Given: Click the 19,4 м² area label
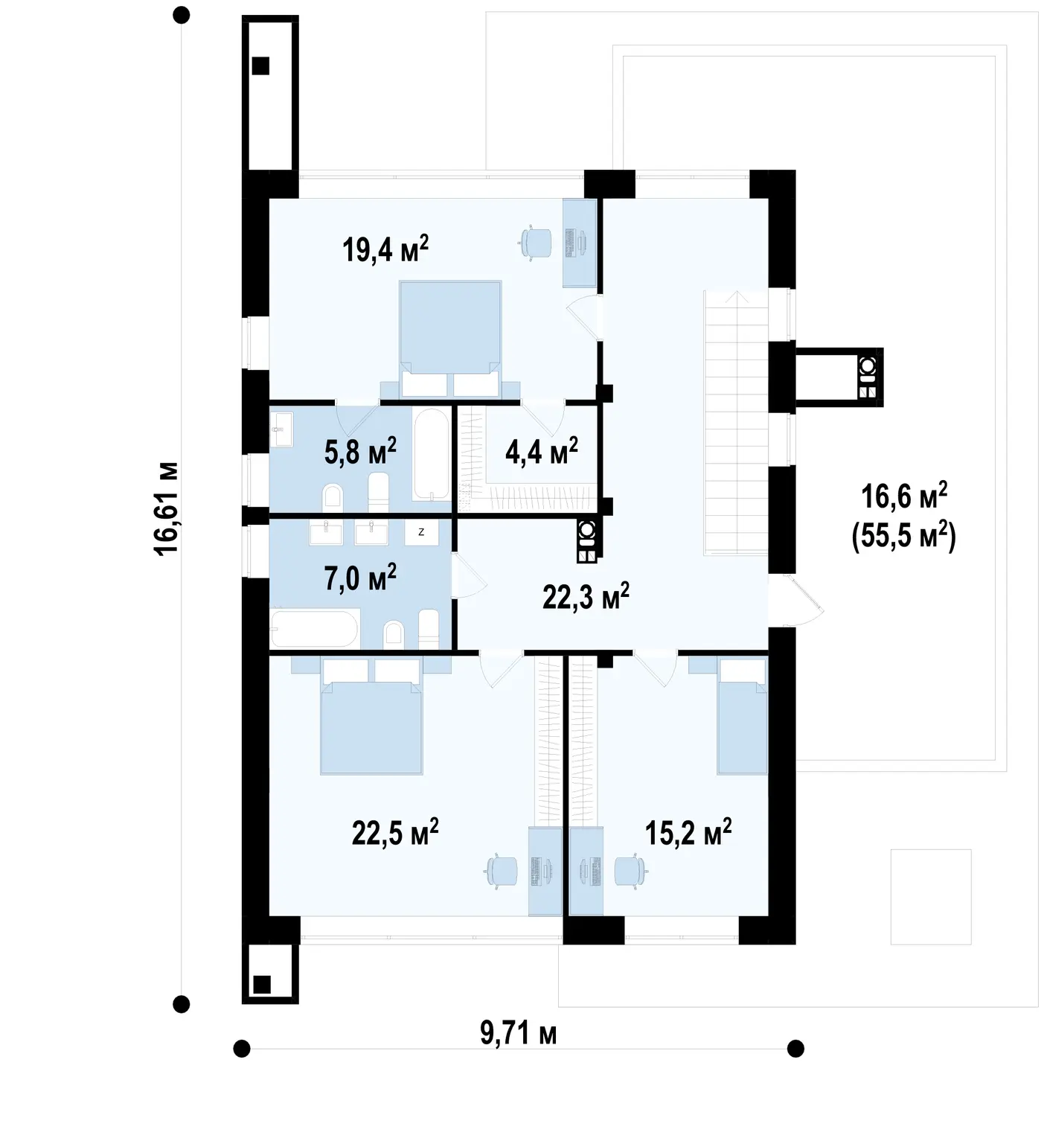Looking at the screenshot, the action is pyautogui.click(x=385, y=249).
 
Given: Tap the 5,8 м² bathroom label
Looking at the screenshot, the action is pyautogui.click(x=360, y=452).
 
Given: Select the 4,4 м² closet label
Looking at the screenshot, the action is pyautogui.click(x=541, y=452).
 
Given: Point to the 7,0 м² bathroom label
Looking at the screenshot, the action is pyautogui.click(x=360, y=578).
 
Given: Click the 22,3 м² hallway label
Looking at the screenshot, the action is pyautogui.click(x=586, y=596).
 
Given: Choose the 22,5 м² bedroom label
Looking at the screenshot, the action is pyautogui.click(x=395, y=832).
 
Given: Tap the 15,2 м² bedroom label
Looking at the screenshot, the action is pyautogui.click(x=688, y=832).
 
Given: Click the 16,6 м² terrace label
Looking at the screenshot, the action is pyautogui.click(x=904, y=496).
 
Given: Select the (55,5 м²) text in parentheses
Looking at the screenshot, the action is pyautogui.click(x=903, y=535).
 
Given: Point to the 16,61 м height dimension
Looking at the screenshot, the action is pyautogui.click(x=165, y=508).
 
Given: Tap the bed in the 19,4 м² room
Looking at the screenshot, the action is pyautogui.click(x=450, y=339).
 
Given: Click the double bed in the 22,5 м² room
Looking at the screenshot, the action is pyautogui.click(x=371, y=715).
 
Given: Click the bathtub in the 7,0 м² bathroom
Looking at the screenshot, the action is pyautogui.click(x=315, y=628).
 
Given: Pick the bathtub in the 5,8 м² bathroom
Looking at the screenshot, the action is pyautogui.click(x=432, y=455).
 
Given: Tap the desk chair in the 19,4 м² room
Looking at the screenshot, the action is pyautogui.click(x=536, y=243).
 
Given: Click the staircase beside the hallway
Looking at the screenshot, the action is pyautogui.click(x=736, y=421).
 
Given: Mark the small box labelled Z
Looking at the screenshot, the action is pyautogui.click(x=422, y=532).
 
